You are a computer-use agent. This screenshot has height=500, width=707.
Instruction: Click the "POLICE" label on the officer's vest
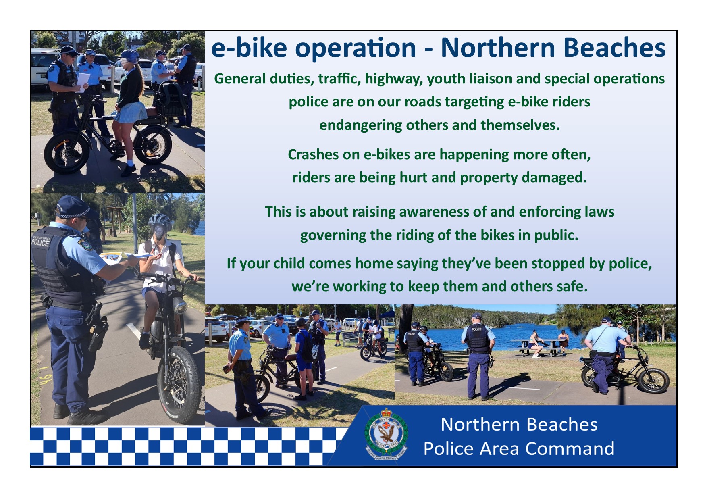pos(40,242)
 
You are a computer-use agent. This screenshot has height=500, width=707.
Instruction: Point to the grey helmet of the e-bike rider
pos(160,221)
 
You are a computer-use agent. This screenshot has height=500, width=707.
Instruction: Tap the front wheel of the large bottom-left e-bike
pos(179,383)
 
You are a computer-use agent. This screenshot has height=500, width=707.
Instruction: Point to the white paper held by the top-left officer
pos(83,82)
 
